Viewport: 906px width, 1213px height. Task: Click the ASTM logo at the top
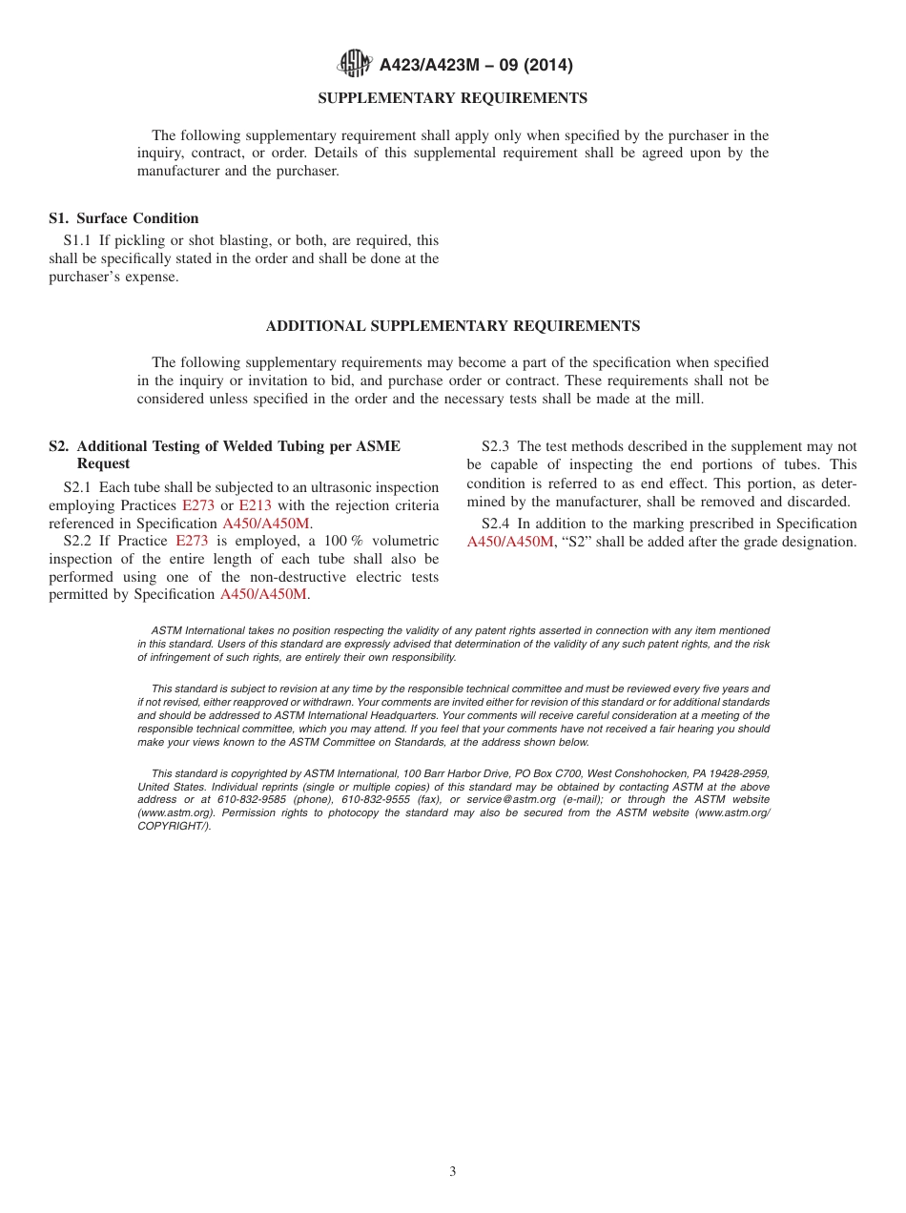(x=355, y=65)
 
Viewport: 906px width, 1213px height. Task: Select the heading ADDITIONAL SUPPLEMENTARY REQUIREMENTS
(x=452, y=326)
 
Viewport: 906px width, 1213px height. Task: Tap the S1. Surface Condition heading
(x=124, y=218)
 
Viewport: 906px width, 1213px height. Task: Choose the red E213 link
(x=255, y=505)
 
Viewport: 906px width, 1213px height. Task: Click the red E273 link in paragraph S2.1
(x=198, y=505)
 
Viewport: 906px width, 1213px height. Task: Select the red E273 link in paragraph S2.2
(x=192, y=541)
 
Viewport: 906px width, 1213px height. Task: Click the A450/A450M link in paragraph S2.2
(x=264, y=594)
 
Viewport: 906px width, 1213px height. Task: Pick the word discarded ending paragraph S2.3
(x=819, y=502)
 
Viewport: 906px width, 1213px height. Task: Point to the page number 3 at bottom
(x=453, y=1172)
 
